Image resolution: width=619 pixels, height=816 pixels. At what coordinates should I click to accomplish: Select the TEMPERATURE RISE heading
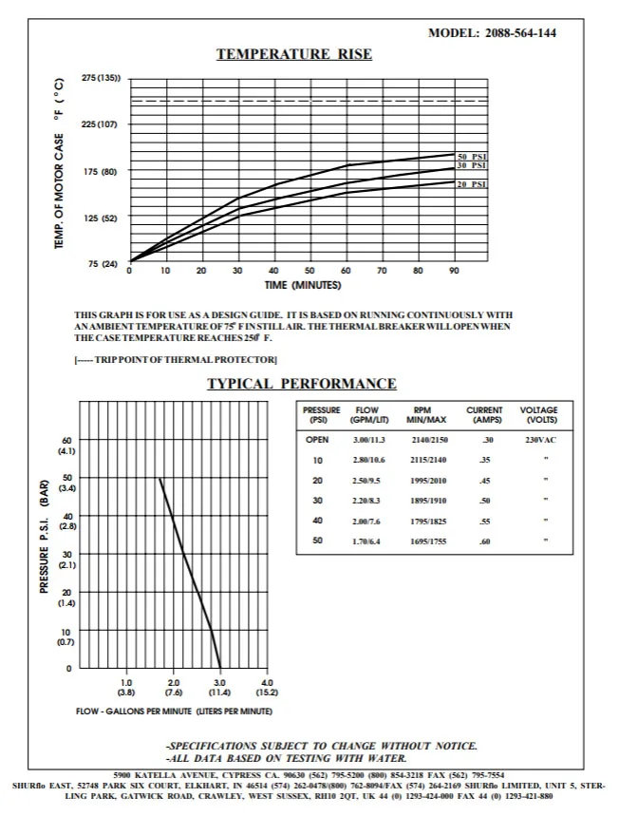(x=294, y=54)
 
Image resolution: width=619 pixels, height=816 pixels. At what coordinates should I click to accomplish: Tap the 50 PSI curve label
(x=472, y=157)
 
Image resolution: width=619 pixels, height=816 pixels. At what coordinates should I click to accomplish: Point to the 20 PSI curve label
(x=472, y=183)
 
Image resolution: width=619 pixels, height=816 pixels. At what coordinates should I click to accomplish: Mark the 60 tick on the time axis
(x=347, y=271)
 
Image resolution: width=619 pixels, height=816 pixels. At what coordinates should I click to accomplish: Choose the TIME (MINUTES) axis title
(x=303, y=285)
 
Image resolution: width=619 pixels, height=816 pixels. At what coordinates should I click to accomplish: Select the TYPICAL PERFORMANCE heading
(x=302, y=384)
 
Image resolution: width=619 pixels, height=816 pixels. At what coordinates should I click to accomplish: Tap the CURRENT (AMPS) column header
(x=484, y=414)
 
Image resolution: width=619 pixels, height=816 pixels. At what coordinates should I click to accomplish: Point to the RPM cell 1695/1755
(x=427, y=541)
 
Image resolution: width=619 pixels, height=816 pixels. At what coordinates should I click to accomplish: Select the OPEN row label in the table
(x=317, y=440)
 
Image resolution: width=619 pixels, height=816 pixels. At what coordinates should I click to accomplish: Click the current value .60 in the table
(x=485, y=541)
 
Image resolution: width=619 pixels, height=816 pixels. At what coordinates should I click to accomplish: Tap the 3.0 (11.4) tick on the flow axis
(x=219, y=687)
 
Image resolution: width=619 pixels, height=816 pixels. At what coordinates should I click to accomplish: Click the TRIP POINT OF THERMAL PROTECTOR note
(x=176, y=359)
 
